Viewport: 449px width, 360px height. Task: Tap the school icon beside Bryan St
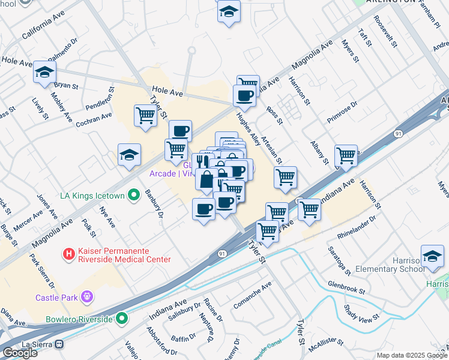pos(44,73)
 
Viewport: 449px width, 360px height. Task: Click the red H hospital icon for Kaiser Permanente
pos(69,254)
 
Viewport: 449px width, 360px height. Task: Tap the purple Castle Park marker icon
pos(88,296)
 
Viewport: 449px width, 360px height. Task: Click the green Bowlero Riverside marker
pos(122,318)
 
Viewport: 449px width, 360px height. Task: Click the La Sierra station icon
pos(59,344)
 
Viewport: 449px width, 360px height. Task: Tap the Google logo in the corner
pos(20,353)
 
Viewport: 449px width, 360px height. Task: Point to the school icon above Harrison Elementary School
pos(432,256)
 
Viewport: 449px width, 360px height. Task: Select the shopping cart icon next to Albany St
pos(346,155)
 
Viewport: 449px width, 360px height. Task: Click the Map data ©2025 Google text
pos(411,355)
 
